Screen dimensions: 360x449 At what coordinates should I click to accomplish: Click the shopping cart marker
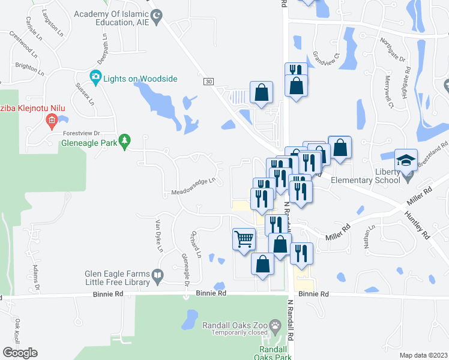pos(244,239)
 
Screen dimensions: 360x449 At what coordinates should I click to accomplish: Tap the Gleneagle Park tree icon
pos(124,142)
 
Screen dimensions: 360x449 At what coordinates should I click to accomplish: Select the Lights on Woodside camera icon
pos(95,77)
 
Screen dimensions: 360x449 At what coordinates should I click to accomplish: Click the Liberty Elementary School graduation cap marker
pos(406,160)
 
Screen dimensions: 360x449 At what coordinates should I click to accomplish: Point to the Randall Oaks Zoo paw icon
pos(275,327)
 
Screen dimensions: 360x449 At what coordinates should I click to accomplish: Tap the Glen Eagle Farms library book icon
pos(158,277)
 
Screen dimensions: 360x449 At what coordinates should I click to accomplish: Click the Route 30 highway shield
pos(208,82)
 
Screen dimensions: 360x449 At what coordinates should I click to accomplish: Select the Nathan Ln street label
pos(369,236)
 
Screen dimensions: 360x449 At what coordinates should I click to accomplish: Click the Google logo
pos(20,353)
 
